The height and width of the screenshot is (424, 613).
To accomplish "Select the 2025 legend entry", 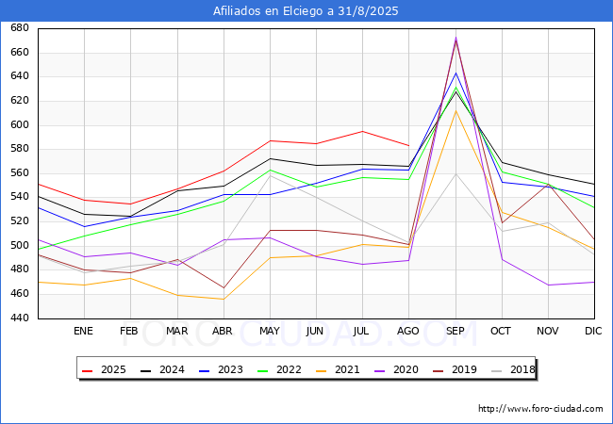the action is coord(105,369).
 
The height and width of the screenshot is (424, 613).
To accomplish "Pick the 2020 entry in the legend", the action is coord(397,369).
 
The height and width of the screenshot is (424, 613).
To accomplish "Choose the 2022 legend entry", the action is coord(280,369).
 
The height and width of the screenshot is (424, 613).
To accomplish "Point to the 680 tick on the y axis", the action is coord(20,27).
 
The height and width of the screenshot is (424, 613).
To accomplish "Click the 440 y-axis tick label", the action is coord(20,318).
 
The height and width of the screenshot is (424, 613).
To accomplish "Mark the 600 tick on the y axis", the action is coord(20,124).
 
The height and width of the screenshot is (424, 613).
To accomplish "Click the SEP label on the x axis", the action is coord(456,331).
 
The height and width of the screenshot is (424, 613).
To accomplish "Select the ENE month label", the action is coord(83,331).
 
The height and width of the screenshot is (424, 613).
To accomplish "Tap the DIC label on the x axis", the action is coord(593,331).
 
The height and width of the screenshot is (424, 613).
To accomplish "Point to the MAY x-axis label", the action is coord(270,331).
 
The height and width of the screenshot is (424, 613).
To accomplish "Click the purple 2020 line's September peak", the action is coord(456,38).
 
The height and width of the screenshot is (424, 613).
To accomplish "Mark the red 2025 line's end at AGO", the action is coord(409,146).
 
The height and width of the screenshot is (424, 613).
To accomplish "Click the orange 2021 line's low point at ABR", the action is coord(224,299).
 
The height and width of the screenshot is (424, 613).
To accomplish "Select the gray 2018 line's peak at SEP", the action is coord(456,173).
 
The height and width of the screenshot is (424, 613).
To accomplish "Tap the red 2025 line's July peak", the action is coord(363,131).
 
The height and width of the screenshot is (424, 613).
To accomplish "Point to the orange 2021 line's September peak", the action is coord(456,110).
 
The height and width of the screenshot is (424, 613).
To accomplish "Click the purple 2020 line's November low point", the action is coord(549,285).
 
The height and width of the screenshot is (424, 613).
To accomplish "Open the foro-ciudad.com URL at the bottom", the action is coord(540,409).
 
